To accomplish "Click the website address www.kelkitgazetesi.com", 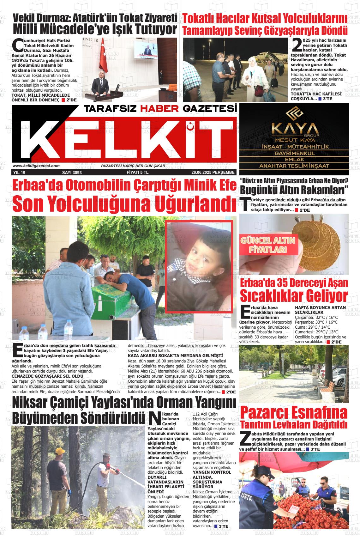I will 36,166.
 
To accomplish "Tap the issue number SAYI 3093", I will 72,173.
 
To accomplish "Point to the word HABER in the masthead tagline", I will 159,109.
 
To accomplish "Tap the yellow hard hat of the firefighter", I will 60,452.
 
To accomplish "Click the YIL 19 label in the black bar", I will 19,173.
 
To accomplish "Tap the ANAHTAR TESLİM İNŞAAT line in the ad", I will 294,166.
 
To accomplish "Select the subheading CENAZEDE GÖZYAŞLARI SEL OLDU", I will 47,376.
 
